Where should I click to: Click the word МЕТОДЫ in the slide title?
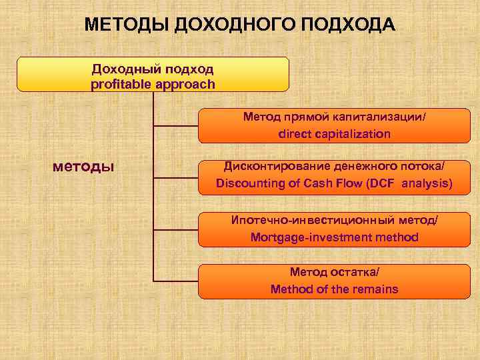(127, 25)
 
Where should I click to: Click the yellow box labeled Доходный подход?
(153, 74)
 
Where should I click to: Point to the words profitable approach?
(153, 84)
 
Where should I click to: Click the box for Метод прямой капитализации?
(334, 125)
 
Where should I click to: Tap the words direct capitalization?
(334, 134)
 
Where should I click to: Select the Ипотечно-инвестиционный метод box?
(334, 229)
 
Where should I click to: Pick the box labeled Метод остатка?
(334, 281)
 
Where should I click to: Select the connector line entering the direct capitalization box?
(176, 125)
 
